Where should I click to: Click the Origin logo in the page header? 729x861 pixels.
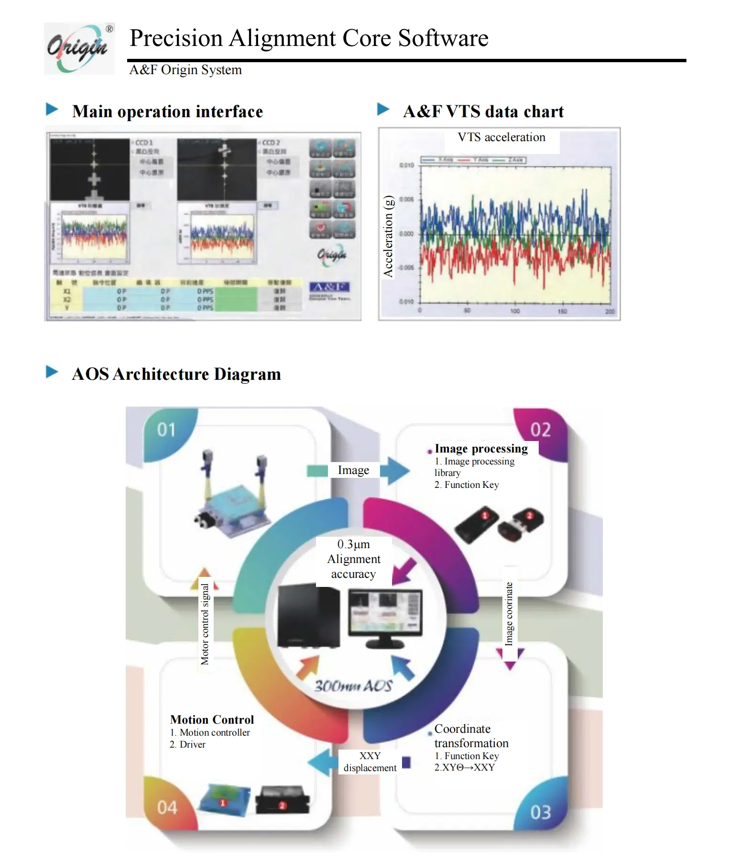(x=79, y=48)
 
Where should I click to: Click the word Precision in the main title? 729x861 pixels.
(x=176, y=38)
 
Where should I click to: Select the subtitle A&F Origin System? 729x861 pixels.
(x=185, y=70)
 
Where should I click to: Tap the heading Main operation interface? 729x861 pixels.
(x=167, y=111)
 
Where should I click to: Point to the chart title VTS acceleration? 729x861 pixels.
(x=501, y=137)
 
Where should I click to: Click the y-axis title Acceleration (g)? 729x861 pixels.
(x=388, y=236)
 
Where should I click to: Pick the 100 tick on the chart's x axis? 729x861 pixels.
(x=515, y=311)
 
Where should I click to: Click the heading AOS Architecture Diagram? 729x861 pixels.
(x=176, y=374)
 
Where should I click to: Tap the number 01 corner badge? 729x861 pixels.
(x=166, y=430)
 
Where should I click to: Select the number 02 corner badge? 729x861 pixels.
(x=540, y=430)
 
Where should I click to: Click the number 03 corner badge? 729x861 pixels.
(x=540, y=812)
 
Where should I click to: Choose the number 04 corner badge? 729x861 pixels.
(x=167, y=807)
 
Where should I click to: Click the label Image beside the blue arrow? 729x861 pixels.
(x=353, y=470)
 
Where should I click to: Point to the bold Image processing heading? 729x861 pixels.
(x=481, y=449)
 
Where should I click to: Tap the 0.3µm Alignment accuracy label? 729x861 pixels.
(x=354, y=559)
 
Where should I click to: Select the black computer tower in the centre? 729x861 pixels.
(x=309, y=617)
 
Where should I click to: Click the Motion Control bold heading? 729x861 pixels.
(x=212, y=720)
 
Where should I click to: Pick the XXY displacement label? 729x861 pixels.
(x=370, y=762)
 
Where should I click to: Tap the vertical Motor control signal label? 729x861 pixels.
(x=205, y=624)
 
